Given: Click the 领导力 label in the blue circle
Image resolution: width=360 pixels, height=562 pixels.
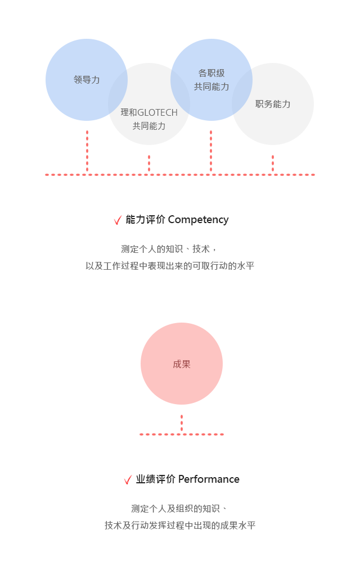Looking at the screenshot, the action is tap(87, 80).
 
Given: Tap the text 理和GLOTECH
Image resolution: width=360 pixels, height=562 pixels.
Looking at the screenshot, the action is tap(149, 112).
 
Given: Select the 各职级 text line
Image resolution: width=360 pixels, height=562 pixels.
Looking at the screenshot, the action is tap(211, 73).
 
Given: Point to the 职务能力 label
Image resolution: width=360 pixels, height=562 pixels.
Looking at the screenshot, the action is tap(273, 104).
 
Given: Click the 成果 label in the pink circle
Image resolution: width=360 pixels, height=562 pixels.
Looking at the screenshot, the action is tap(182, 364).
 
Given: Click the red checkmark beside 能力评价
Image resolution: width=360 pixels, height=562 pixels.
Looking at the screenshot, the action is tap(118, 220).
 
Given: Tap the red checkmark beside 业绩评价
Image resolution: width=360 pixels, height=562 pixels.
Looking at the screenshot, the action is tap(128, 479).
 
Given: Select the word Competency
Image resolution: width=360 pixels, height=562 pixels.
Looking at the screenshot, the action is tap(198, 220).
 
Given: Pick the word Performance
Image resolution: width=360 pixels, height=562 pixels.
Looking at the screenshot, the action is tap(209, 479).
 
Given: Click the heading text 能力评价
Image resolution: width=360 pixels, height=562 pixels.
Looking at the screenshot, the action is tap(145, 219).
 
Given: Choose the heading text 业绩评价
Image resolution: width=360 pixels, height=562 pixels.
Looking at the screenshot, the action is tap(155, 479).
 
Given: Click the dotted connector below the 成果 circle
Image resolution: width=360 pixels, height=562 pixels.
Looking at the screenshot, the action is tap(182, 423).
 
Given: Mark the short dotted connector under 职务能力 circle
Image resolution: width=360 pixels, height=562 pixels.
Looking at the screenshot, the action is tap(273, 164).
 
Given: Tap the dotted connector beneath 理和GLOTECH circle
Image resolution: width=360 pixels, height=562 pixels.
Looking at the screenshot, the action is tap(149, 164).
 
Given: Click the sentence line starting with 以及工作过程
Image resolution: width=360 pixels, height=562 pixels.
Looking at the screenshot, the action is tap(170, 266).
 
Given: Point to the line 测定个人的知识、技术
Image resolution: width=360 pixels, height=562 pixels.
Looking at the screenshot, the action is tap(169, 249).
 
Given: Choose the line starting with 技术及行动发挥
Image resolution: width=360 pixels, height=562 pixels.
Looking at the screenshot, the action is tap(180, 525).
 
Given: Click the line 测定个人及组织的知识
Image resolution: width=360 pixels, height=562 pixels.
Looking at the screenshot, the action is tap(179, 508).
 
